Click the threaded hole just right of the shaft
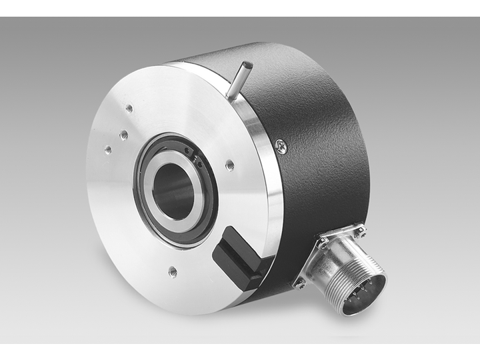point(229,164)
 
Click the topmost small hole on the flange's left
point(129,109)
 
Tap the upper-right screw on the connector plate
point(361,231)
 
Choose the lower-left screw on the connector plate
point(301,283)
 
